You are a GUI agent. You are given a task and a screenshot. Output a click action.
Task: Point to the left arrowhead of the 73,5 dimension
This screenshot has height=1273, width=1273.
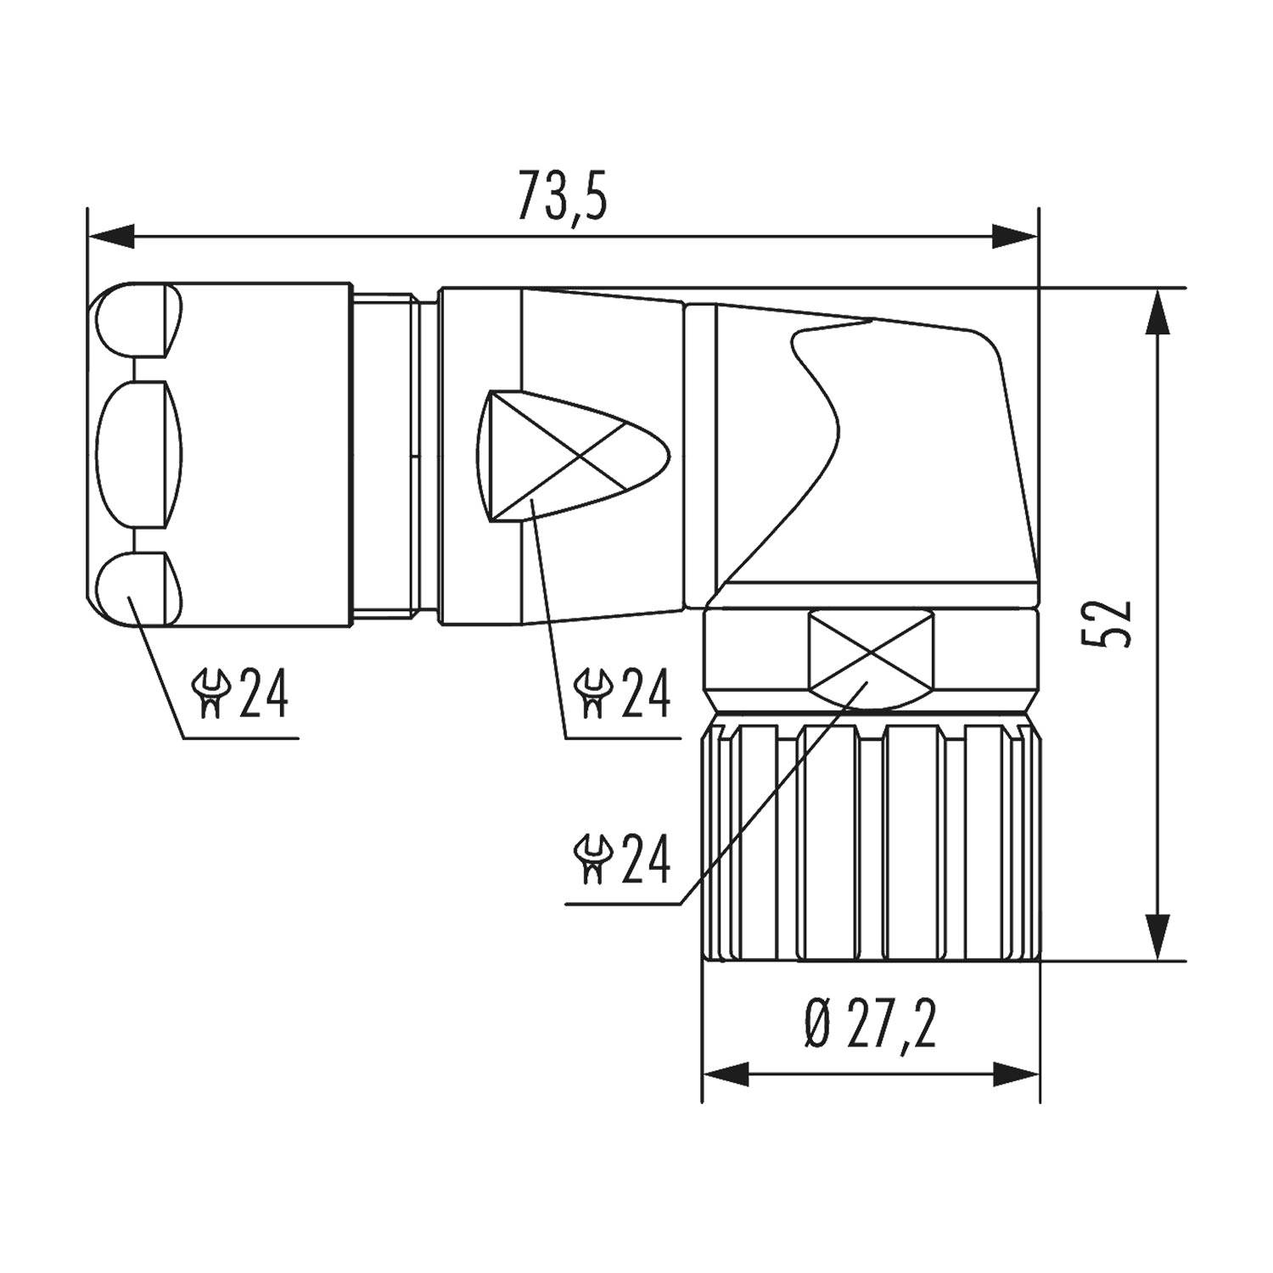coord(111,236)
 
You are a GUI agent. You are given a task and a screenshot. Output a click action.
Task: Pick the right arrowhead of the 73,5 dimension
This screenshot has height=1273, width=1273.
coord(1015,236)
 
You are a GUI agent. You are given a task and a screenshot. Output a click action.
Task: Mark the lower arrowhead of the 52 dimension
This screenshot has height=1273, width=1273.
coord(1158,937)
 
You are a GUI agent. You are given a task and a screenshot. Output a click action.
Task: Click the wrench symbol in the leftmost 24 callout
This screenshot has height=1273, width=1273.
coord(211,693)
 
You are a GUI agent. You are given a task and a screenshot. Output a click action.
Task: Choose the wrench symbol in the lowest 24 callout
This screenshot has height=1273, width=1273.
coord(593,859)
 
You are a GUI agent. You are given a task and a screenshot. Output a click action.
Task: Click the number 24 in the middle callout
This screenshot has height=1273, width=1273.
coord(645,693)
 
